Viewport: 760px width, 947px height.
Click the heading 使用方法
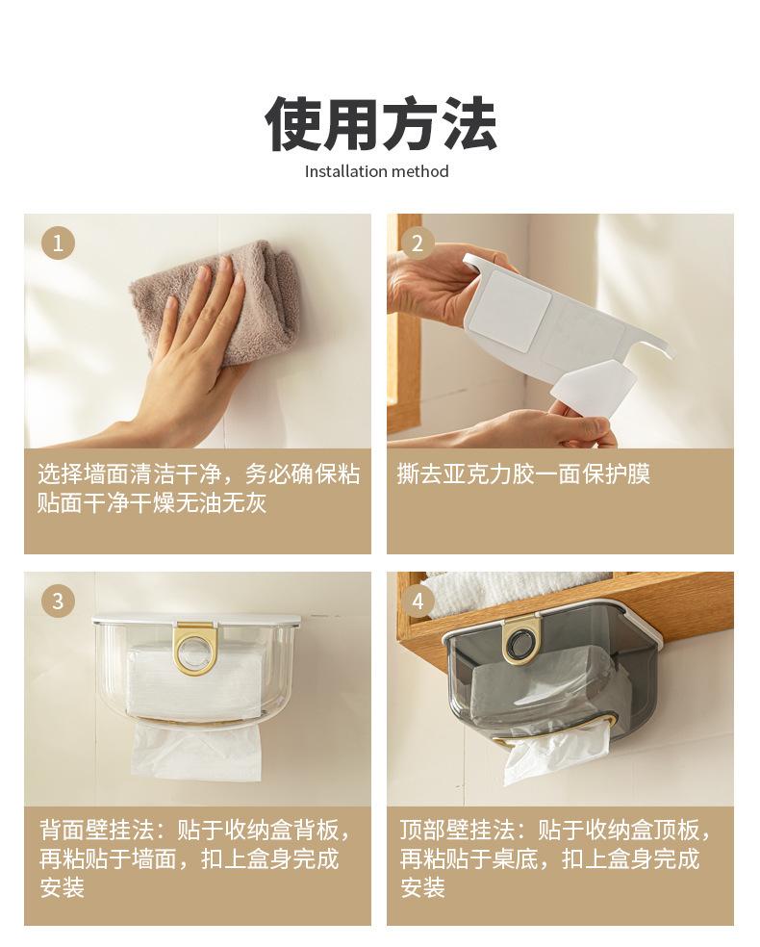(380, 123)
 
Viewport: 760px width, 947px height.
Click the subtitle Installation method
(377, 171)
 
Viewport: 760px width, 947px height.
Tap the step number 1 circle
(58, 243)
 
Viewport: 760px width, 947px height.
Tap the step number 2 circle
(418, 243)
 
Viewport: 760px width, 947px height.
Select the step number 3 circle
(58, 601)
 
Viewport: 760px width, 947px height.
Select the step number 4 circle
(418, 601)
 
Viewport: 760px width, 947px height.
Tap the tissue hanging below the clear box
(197, 752)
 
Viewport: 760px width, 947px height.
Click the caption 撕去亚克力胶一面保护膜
(523, 474)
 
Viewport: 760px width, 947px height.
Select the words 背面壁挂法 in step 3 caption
(96, 830)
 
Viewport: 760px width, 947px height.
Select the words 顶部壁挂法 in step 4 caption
(457, 830)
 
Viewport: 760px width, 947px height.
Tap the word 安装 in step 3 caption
(63, 887)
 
